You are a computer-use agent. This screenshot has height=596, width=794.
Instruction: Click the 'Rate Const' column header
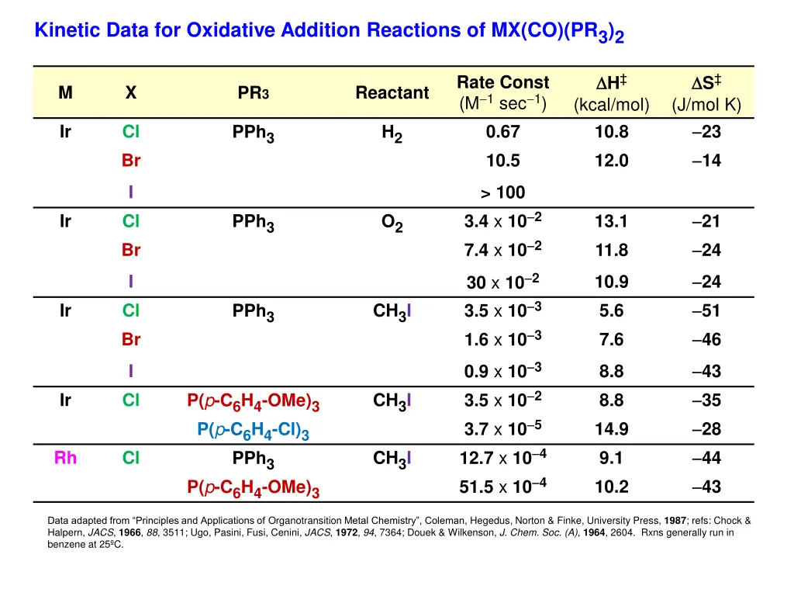502,83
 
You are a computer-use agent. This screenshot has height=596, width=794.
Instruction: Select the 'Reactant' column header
392,93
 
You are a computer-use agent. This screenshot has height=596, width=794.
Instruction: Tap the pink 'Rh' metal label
65,458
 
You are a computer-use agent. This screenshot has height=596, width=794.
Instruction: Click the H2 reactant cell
392,133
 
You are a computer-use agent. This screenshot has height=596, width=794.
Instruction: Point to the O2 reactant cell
392,223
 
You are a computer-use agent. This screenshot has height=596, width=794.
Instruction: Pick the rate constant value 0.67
502,132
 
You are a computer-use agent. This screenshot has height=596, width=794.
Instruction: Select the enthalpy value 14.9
611,429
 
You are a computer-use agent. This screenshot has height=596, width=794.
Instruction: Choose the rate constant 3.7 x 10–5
502,429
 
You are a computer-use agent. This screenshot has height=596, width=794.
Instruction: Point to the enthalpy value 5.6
611,311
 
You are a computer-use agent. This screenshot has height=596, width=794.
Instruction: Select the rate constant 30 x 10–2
502,282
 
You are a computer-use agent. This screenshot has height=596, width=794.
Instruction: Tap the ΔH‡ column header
611,83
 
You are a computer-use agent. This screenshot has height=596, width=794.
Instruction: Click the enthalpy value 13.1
611,222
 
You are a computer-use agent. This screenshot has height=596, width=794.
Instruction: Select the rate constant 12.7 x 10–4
502,458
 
